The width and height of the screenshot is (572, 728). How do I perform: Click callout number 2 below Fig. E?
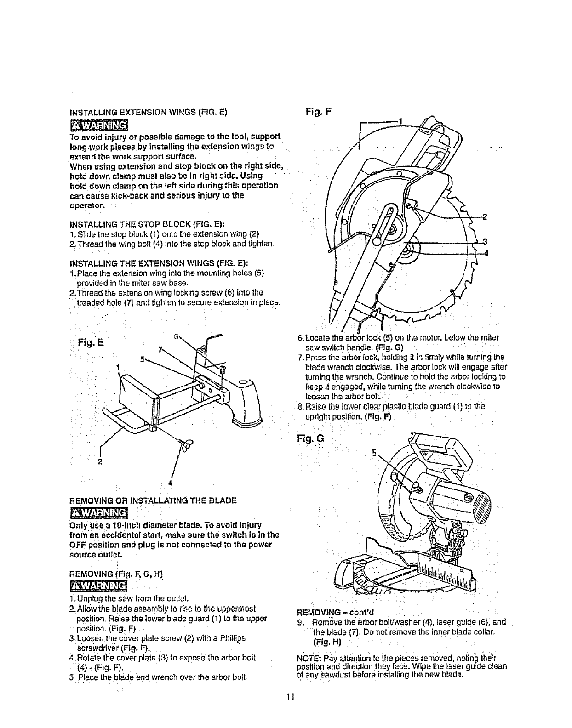point(99,461)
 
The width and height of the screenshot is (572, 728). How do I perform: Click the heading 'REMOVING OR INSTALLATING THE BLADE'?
point(153,500)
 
